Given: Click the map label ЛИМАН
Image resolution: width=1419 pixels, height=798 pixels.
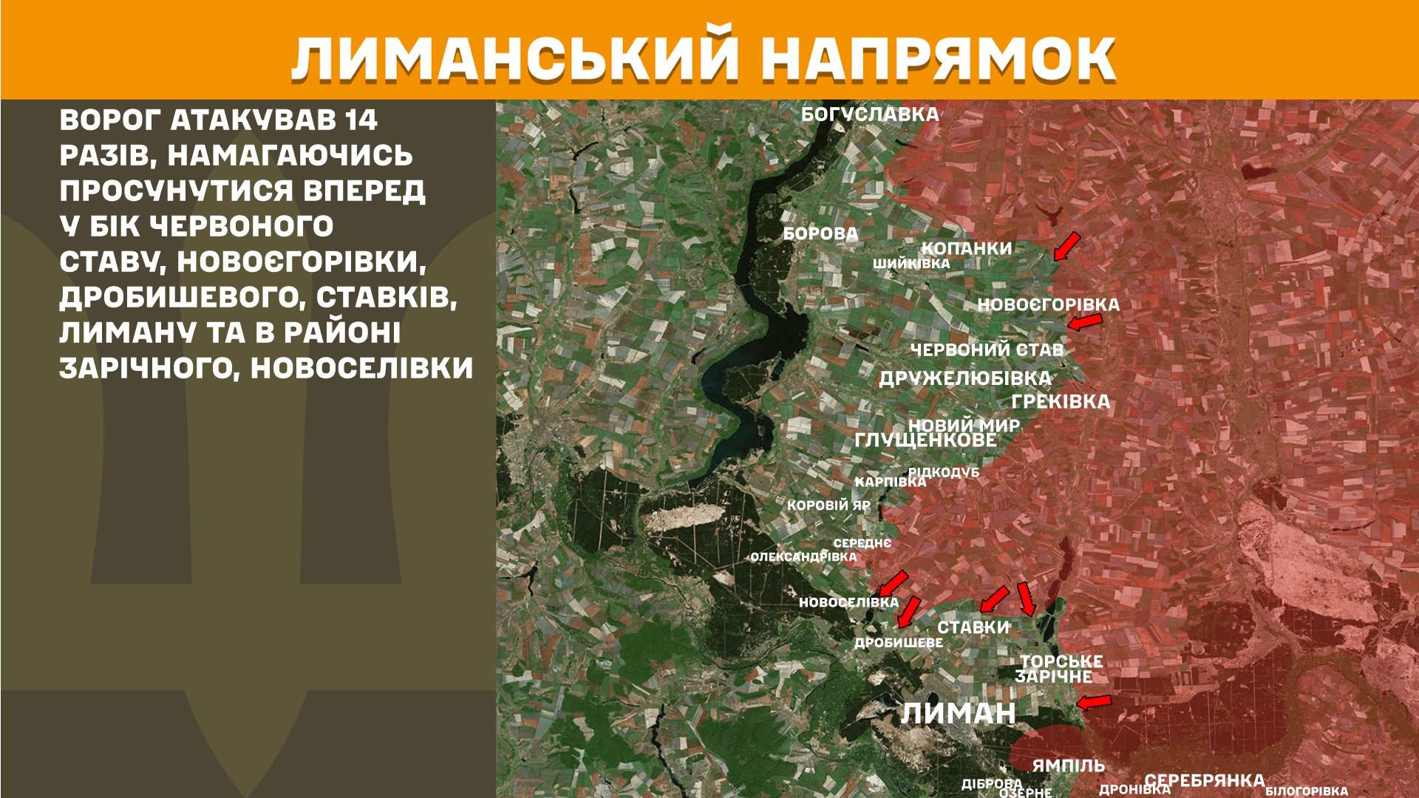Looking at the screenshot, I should pos(959,714).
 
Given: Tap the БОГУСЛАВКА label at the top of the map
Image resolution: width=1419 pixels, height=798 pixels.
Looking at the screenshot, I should pos(871,115).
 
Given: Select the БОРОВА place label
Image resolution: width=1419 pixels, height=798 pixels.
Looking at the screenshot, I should pos(820,234).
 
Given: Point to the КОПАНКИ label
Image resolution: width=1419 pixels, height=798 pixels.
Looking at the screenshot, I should pos(967,248).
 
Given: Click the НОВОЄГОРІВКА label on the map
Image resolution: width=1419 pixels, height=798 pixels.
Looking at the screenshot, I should pos(1048,304).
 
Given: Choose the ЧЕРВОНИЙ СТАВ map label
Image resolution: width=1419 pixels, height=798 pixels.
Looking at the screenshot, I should pos(987,349).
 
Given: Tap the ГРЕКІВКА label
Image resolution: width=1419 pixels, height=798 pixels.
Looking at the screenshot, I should pos(1061,402).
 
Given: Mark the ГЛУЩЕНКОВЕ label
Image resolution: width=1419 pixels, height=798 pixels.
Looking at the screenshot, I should pos(925,440).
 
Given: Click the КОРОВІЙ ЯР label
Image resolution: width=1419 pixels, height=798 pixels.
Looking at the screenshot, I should pos(828,506).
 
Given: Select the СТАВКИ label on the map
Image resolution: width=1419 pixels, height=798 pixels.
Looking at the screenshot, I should pos(973,627).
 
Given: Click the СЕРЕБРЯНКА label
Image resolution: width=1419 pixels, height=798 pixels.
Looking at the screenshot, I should pos(1204,781).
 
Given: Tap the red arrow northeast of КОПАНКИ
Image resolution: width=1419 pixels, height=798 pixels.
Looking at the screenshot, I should pos(1066,246).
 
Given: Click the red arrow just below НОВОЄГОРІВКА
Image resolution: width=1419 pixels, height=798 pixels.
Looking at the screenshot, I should pos(1085,321).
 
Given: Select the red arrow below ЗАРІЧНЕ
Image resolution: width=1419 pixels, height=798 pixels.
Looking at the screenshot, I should pos(1094,701).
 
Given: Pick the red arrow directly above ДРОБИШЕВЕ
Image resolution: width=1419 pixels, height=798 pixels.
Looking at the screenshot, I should pos(908,611).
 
